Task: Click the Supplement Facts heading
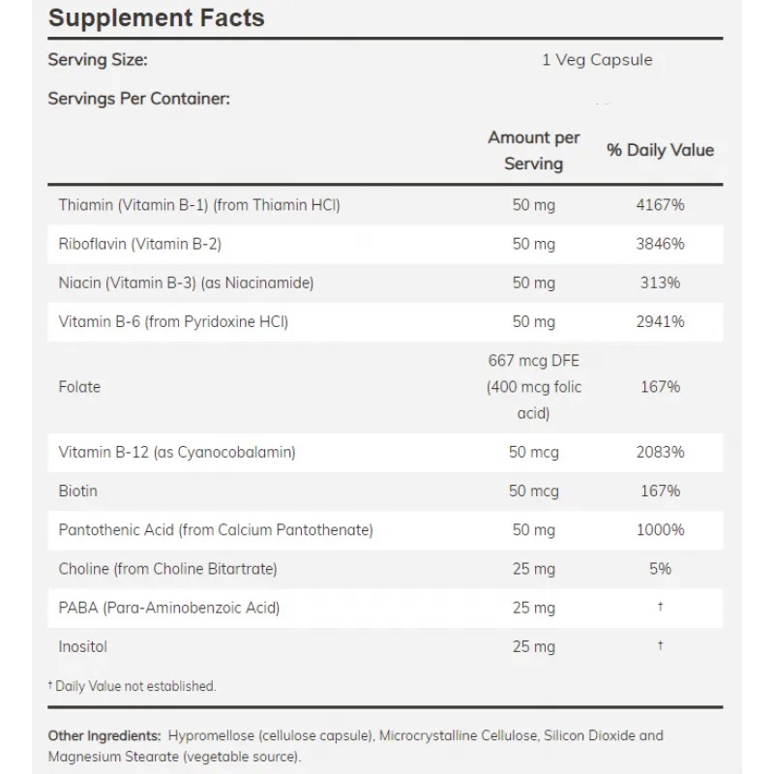pos(157,18)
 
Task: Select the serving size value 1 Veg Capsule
pos(597,60)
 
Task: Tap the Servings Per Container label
pos(139,99)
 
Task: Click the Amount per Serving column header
pos(534,151)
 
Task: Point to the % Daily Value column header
pos(661,150)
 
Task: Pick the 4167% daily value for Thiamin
pos(661,205)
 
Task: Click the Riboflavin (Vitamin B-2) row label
pos(139,244)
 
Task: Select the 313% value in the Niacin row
pos(661,283)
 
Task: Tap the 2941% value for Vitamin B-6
pos(661,322)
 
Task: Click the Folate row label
pos(79,386)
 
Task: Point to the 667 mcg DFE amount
pos(534,361)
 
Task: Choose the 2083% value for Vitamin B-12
pos(661,452)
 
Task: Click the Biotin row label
pos(78,491)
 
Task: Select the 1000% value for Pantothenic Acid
pos(661,530)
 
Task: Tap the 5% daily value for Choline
pos(661,569)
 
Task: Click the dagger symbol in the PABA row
pos(661,606)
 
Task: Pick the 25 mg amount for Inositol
pos(534,647)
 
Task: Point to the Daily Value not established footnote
pos(132,686)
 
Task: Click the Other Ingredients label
pos(104,736)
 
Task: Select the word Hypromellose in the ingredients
pos(211,736)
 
